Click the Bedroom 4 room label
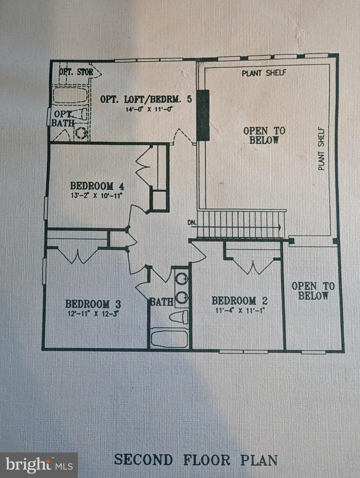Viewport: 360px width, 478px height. coord(97,186)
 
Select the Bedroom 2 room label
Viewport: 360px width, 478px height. coord(239,301)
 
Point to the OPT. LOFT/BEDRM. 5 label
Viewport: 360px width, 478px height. coord(146,99)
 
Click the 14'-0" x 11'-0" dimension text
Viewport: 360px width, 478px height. coord(149,109)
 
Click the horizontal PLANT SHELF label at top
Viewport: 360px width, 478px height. coord(264,73)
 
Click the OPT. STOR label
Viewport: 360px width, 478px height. coord(76,72)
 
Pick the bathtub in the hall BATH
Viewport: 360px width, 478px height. coord(169,339)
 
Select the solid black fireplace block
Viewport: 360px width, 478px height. coord(203,115)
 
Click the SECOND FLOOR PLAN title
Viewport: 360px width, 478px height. coord(196,460)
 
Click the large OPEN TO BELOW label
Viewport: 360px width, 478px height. coord(264,135)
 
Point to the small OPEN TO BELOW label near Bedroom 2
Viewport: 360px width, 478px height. coord(313,291)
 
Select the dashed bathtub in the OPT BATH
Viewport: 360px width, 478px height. coord(70,95)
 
